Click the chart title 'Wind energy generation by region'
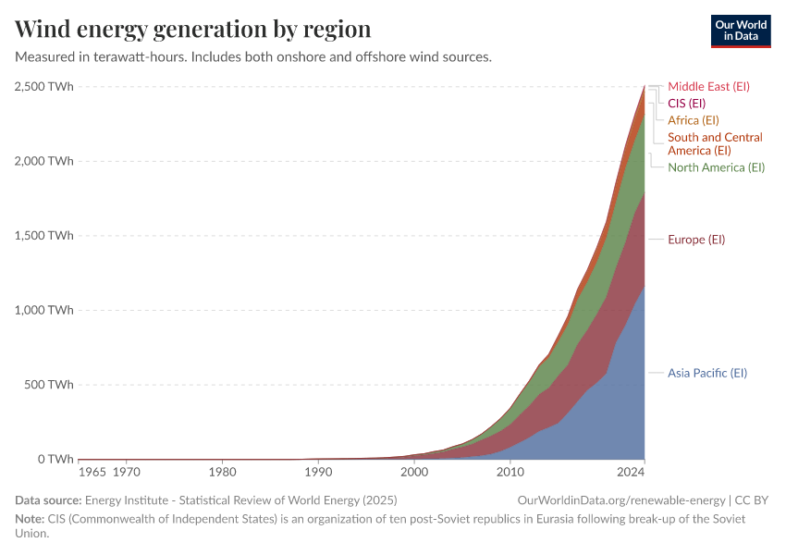tap(193, 29)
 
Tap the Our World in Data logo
tap(740, 31)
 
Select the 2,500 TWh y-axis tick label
tap(44, 86)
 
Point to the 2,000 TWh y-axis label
tap(44, 161)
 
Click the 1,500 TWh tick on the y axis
tap(44, 236)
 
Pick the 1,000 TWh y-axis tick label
tap(44, 310)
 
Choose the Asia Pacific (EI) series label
tap(706, 374)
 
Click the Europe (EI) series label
tap(696, 240)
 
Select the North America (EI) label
tap(716, 167)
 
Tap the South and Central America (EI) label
tap(715, 143)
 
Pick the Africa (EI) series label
tap(693, 120)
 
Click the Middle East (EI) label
tap(708, 87)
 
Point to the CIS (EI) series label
tap(686, 104)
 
